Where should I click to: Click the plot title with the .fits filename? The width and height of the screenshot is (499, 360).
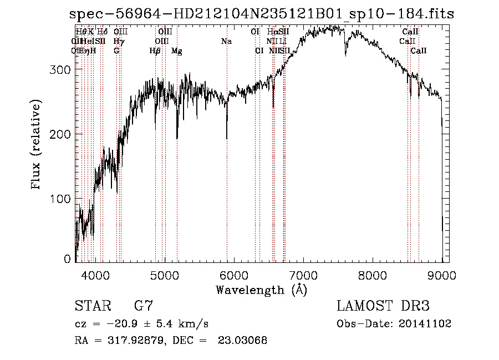click(261, 14)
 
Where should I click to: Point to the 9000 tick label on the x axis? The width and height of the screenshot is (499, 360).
click(442, 274)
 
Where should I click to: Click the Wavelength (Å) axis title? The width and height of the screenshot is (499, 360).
click(261, 290)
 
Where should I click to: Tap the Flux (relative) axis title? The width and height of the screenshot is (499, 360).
click(37, 145)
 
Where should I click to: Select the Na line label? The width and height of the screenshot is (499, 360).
click(226, 42)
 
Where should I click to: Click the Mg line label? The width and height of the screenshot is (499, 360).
click(177, 51)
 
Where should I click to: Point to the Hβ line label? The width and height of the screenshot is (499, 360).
click(155, 51)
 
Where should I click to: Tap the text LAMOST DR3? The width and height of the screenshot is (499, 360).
click(383, 306)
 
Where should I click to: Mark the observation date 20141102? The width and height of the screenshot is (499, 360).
click(424, 324)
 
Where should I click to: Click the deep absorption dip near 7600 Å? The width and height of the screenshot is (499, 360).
click(346, 55)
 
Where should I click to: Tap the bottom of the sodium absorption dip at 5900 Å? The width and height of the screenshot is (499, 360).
click(227, 138)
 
